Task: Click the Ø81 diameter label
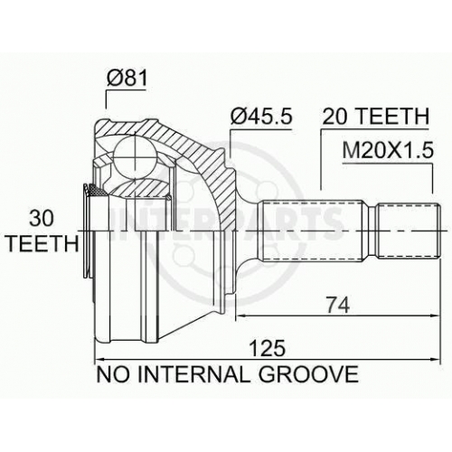tap(127, 78)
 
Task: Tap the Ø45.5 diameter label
tap(261, 117)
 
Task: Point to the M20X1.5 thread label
tap(388, 150)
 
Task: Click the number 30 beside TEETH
tap(42, 219)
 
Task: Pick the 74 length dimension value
tap(338, 305)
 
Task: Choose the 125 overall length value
tap(268, 348)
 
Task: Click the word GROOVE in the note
tap(308, 374)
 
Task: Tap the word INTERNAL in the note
tap(193, 374)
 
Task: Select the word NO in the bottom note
tap(113, 374)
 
